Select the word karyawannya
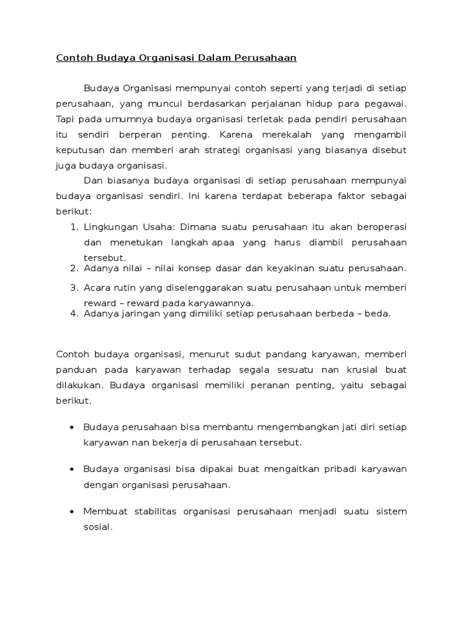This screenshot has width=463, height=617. [x=218, y=302]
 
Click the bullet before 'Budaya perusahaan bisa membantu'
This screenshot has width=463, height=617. [x=72, y=427]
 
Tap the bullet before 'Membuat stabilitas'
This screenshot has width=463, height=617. [x=72, y=512]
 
